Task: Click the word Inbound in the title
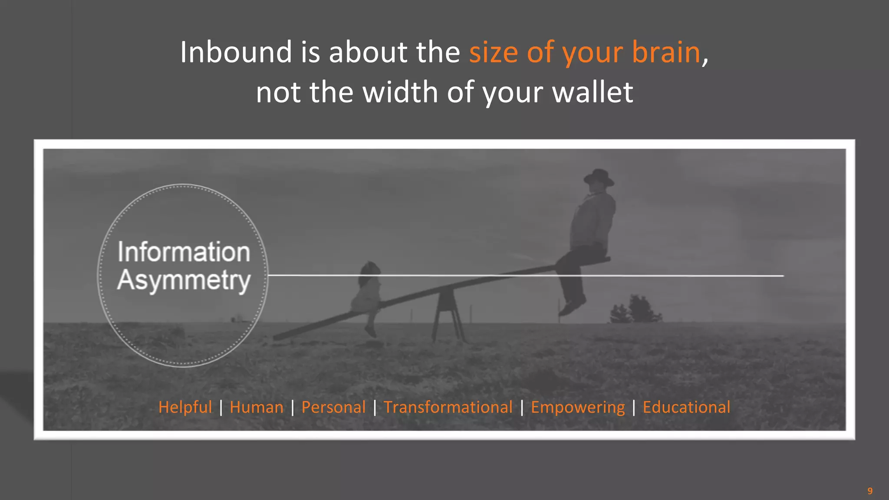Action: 236,52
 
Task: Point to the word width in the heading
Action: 400,92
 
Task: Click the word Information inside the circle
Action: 184,252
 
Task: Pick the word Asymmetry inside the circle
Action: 184,280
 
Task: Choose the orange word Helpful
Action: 185,407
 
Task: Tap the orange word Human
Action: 257,407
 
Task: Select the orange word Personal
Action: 333,407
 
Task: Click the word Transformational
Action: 448,407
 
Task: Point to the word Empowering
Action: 577,407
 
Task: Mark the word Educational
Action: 686,407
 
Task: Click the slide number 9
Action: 870,491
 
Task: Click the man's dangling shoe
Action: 571,306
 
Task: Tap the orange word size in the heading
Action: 494,52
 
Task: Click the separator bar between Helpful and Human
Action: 221,407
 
